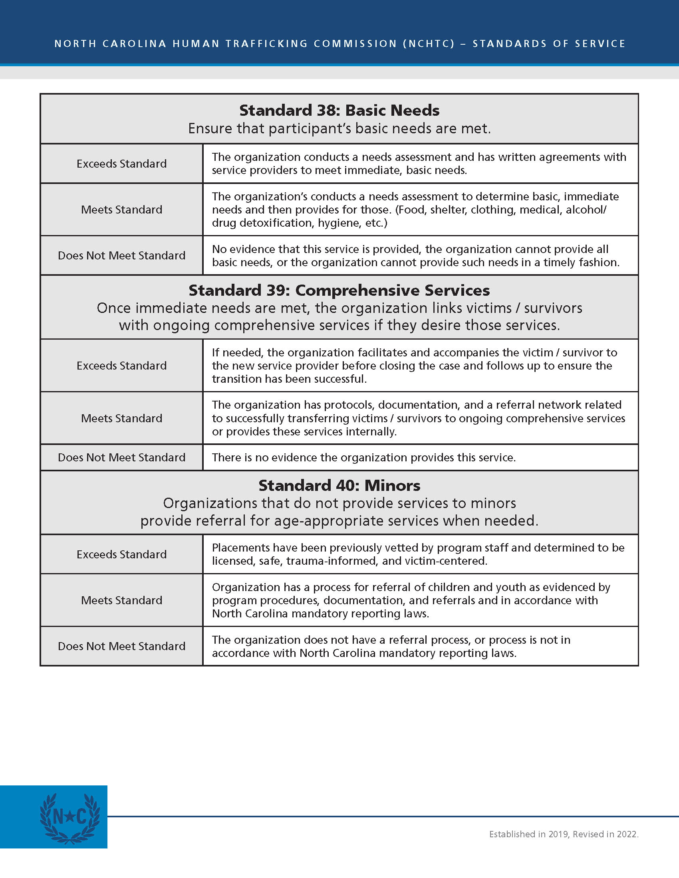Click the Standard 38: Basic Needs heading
339,110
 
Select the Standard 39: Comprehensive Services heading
339,290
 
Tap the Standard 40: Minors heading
339,486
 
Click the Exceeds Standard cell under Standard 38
121,164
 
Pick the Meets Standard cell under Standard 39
121,418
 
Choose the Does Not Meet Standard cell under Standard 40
121,646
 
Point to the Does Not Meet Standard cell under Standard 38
121,255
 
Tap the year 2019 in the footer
558,834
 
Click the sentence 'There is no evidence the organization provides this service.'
363,457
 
